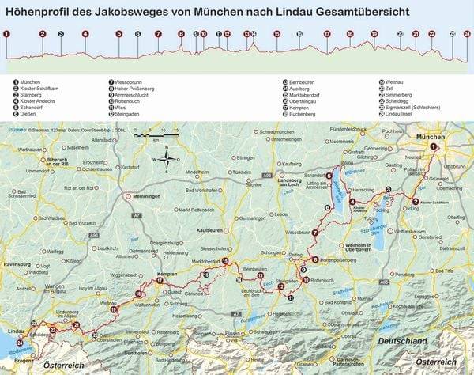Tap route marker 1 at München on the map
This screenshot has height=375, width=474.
pyautogui.click(x=433, y=146)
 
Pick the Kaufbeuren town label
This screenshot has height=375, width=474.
pyautogui.click(x=201, y=229)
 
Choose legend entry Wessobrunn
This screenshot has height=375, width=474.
pyautogui.click(x=133, y=81)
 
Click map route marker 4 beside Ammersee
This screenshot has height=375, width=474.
pyautogui.click(x=352, y=201)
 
